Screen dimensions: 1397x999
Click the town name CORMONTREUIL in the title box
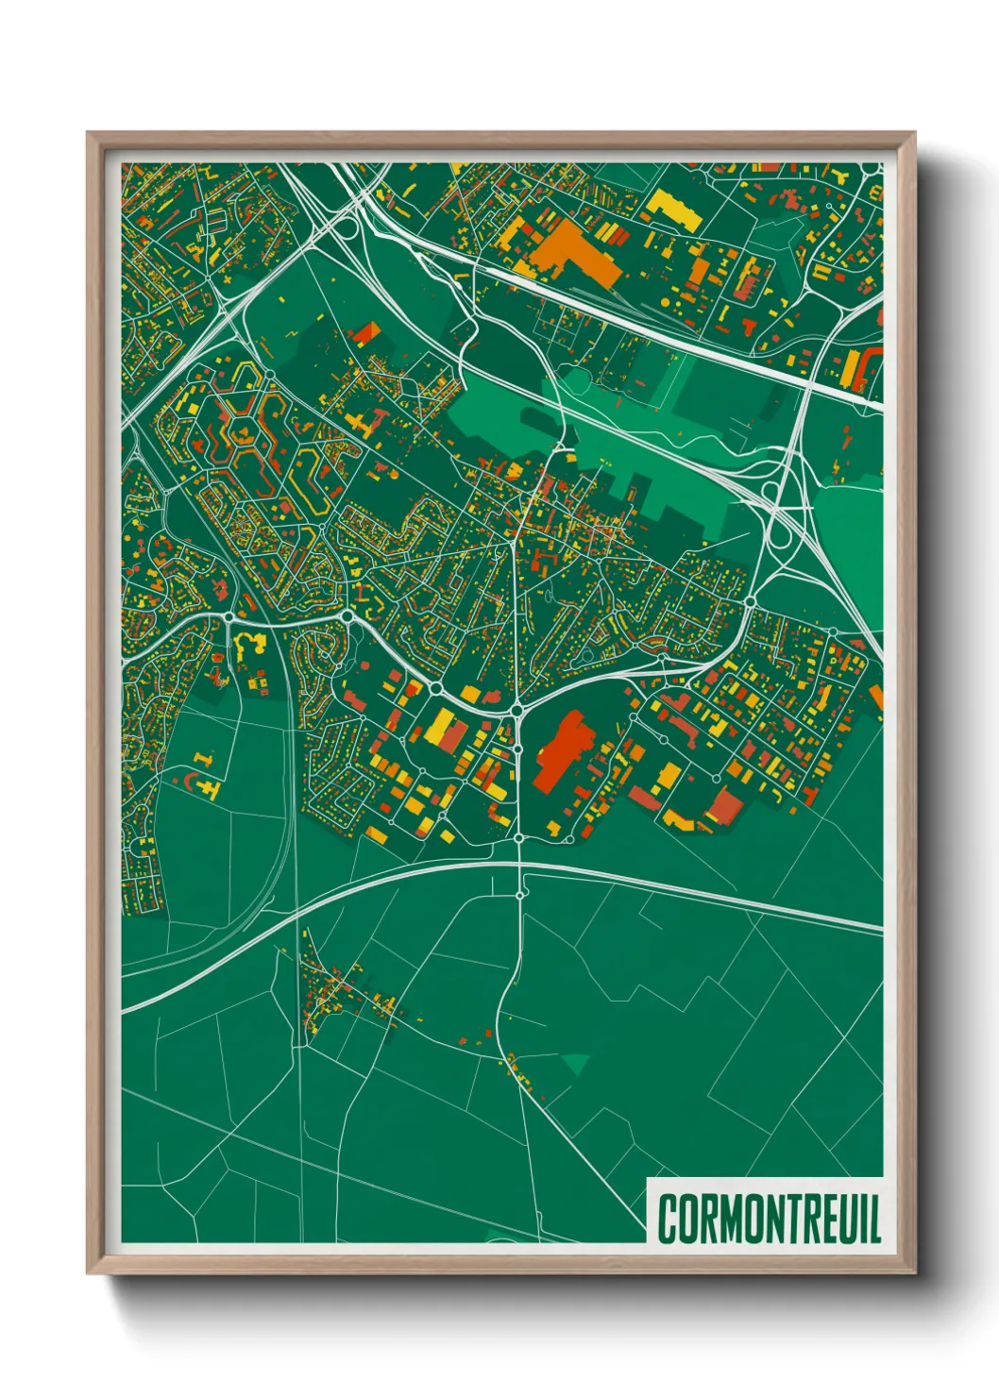pyautogui.click(x=769, y=1219)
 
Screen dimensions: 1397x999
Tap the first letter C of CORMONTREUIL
pyautogui.click(x=668, y=1219)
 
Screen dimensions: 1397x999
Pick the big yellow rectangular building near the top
pyautogui.click(x=675, y=210)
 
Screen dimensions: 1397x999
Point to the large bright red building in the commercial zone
pyautogui.click(x=559, y=750)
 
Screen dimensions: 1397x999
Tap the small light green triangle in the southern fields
pyautogui.click(x=575, y=1065)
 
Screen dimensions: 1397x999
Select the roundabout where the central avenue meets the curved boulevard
pyautogui.click(x=517, y=709)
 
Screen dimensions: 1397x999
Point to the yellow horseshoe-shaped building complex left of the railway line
pyautogui.click(x=248, y=646)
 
